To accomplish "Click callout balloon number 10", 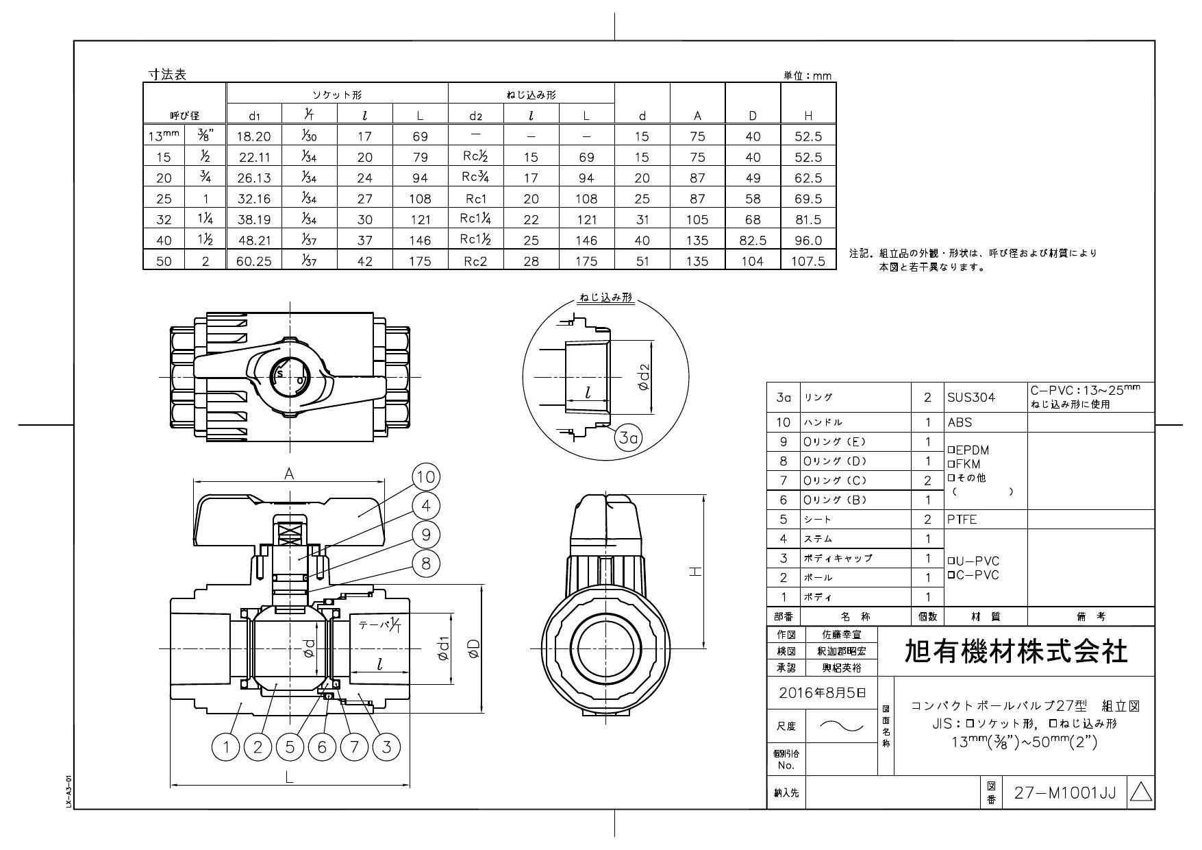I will click(x=426, y=477).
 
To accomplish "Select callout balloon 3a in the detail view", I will click(x=628, y=438).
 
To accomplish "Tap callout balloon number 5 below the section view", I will click(x=290, y=746).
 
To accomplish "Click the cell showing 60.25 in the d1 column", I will click(x=254, y=261).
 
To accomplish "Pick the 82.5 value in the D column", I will click(x=752, y=241).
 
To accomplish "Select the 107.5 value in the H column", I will click(x=807, y=261).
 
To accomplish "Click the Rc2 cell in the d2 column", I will click(x=475, y=261).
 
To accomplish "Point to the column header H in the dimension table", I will click(x=807, y=116).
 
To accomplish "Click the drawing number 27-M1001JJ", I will click(x=1064, y=793).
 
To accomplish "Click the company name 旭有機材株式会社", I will click(x=1016, y=651).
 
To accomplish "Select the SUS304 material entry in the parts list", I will click(x=971, y=398).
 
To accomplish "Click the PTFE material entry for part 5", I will click(x=962, y=519).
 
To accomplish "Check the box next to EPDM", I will click(x=951, y=450).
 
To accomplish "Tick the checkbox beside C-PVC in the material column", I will click(x=951, y=574).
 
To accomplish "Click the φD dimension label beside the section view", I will click(x=473, y=648).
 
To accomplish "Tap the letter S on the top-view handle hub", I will click(x=279, y=374).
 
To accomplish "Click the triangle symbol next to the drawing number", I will click(x=1140, y=793).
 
